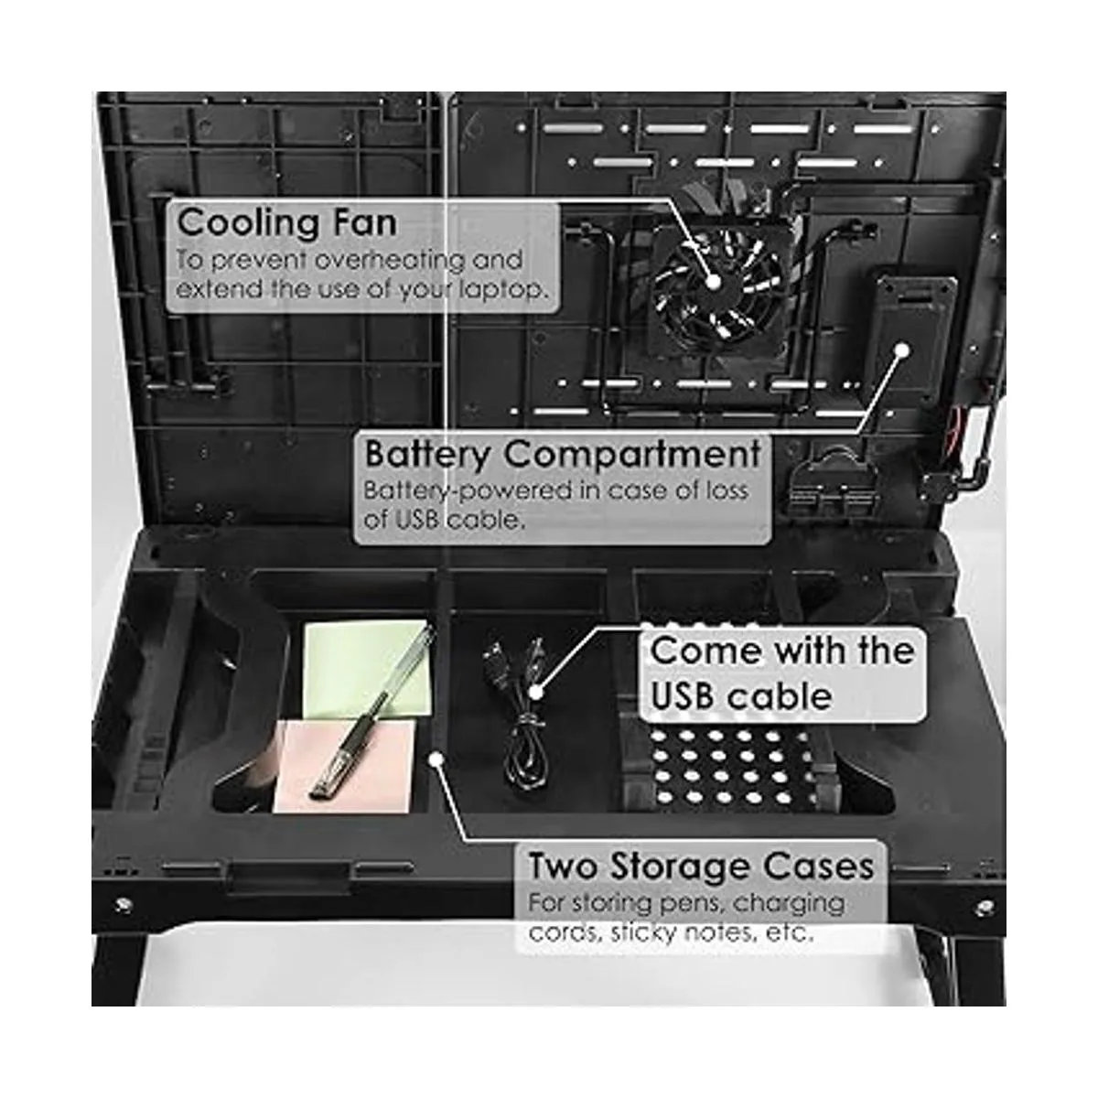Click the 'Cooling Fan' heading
coord(286,222)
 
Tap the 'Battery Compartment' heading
coord(562,454)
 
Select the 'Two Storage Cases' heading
coord(700,866)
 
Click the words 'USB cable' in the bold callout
coord(741,696)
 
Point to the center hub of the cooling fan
coord(714,282)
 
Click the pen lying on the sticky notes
coord(371,711)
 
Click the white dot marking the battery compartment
coord(902,350)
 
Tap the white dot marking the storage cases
coord(436,759)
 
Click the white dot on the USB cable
coord(533,692)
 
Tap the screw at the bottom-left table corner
coord(122,904)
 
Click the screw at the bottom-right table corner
coord(985,906)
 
